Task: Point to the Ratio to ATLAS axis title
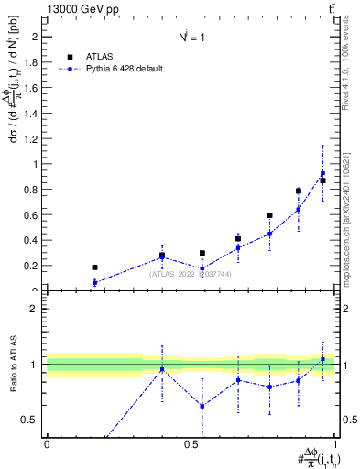point(13,364)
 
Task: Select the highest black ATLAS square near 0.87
point(322,180)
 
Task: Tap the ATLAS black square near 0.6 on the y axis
point(269,215)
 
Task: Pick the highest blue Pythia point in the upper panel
point(322,173)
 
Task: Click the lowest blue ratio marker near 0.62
point(203,406)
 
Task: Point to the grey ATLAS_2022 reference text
point(191,274)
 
